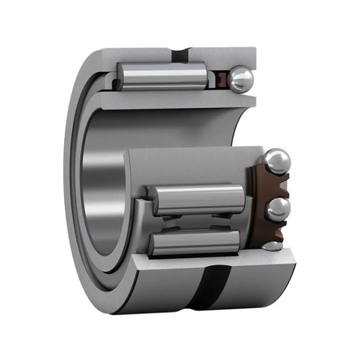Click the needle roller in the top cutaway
point(162,76)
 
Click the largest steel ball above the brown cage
point(277,161)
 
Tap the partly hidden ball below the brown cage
point(272,245)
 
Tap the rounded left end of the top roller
point(121,76)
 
